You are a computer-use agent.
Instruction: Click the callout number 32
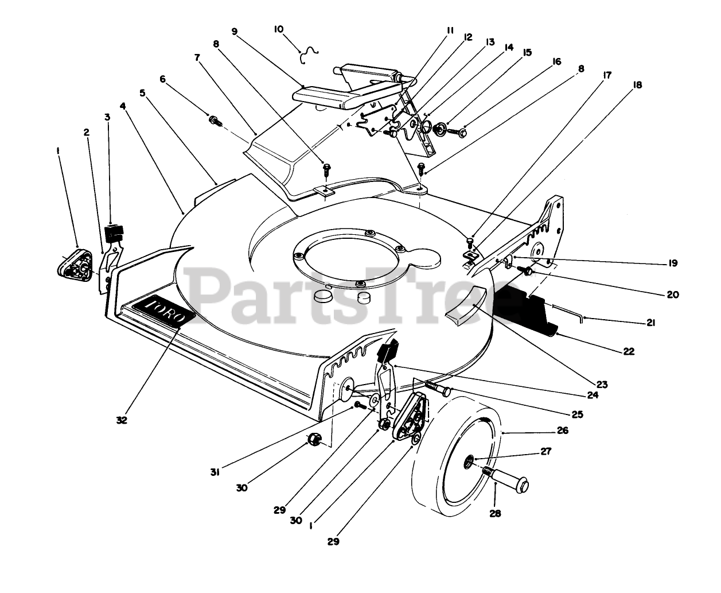(121, 420)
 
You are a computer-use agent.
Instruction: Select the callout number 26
(562, 430)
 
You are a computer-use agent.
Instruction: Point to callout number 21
(650, 323)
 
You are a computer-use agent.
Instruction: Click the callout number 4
(123, 106)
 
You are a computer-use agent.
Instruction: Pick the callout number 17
(606, 75)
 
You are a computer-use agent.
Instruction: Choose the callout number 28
(494, 513)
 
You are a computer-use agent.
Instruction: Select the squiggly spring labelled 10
(310, 53)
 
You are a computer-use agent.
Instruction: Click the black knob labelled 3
(114, 234)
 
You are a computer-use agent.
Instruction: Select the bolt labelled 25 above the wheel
(438, 389)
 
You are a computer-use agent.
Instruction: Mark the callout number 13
(489, 42)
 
